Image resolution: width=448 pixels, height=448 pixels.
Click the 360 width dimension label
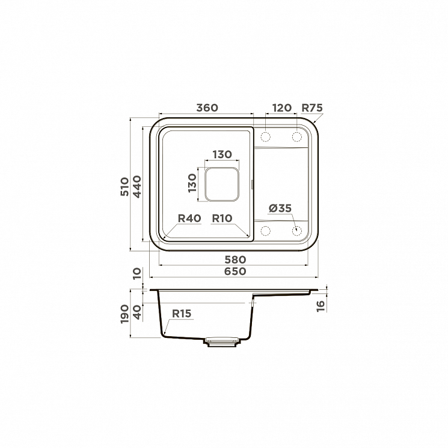click(207, 108)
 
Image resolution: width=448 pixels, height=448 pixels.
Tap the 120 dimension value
click(281, 108)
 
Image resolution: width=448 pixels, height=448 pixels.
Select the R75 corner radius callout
click(312, 108)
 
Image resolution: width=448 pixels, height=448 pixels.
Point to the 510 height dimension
click(124, 186)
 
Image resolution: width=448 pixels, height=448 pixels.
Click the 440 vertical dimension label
click(137, 187)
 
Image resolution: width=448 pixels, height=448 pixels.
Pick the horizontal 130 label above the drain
click(222, 155)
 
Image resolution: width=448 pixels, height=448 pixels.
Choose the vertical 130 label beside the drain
click(192, 183)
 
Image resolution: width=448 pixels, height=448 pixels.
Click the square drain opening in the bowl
click(222, 184)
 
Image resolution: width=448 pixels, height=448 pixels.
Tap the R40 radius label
click(189, 218)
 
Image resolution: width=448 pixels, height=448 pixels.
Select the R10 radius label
click(222, 218)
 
